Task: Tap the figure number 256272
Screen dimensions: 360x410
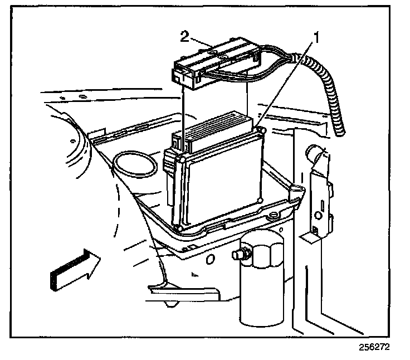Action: [x=374, y=346]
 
